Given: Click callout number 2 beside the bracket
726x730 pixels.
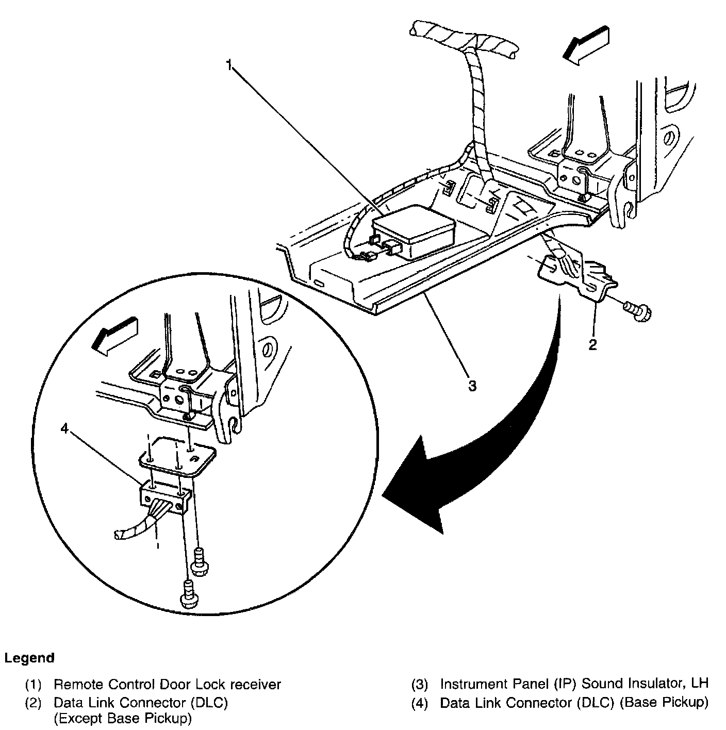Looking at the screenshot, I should pos(593,345).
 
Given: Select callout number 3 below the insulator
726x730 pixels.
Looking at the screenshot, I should pos(472,385).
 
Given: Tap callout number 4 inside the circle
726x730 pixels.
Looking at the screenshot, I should pos(64,429).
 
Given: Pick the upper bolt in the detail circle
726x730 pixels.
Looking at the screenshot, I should pos(199,560).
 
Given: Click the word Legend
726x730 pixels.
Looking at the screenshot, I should pos(29,658).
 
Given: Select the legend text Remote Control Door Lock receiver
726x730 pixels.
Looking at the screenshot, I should pos(168,685).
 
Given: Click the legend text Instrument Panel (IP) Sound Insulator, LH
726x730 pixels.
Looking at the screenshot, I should pos(574,684).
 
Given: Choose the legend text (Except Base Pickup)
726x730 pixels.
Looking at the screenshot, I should pos(123,718).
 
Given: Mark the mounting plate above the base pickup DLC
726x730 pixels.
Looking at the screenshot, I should pos(178,457).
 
